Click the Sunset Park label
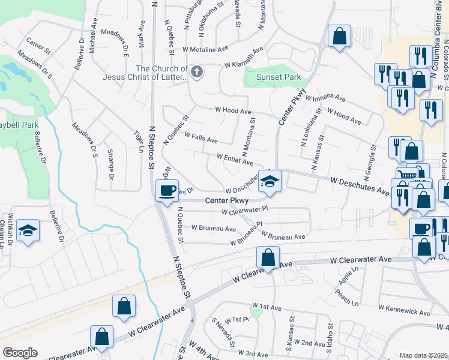coord(270,77)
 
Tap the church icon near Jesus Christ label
coord(197,72)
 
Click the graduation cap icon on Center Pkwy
coord(270,180)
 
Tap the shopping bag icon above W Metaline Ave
coord(339,35)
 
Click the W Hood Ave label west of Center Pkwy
coord(233,111)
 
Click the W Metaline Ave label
coord(206,49)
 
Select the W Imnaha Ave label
coord(325,97)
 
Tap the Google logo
coord(20,353)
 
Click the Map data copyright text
coord(423,355)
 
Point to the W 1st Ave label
coord(267,307)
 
